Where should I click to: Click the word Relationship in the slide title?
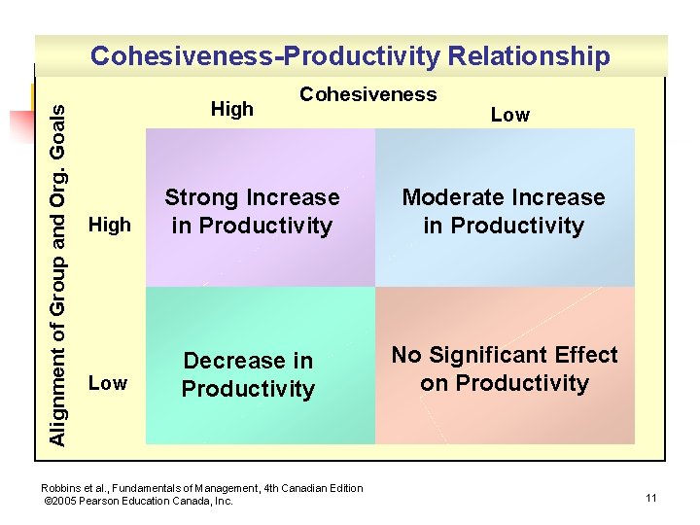tap(529, 56)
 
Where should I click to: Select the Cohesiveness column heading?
tap(367, 94)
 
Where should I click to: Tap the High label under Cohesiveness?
tap(231, 110)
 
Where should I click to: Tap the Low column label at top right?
tap(509, 115)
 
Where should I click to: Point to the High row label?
tap(109, 226)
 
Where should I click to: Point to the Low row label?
tap(107, 383)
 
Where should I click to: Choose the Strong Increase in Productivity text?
tap(252, 212)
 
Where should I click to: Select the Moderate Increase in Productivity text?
tap(504, 212)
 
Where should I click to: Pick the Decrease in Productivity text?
tap(248, 375)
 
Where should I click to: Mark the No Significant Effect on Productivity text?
tap(505, 369)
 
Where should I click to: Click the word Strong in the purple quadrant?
tap(201, 198)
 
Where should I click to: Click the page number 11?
tap(650, 499)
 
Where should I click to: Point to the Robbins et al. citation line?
tap(202, 488)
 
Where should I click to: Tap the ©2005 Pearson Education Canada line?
tap(139, 502)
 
